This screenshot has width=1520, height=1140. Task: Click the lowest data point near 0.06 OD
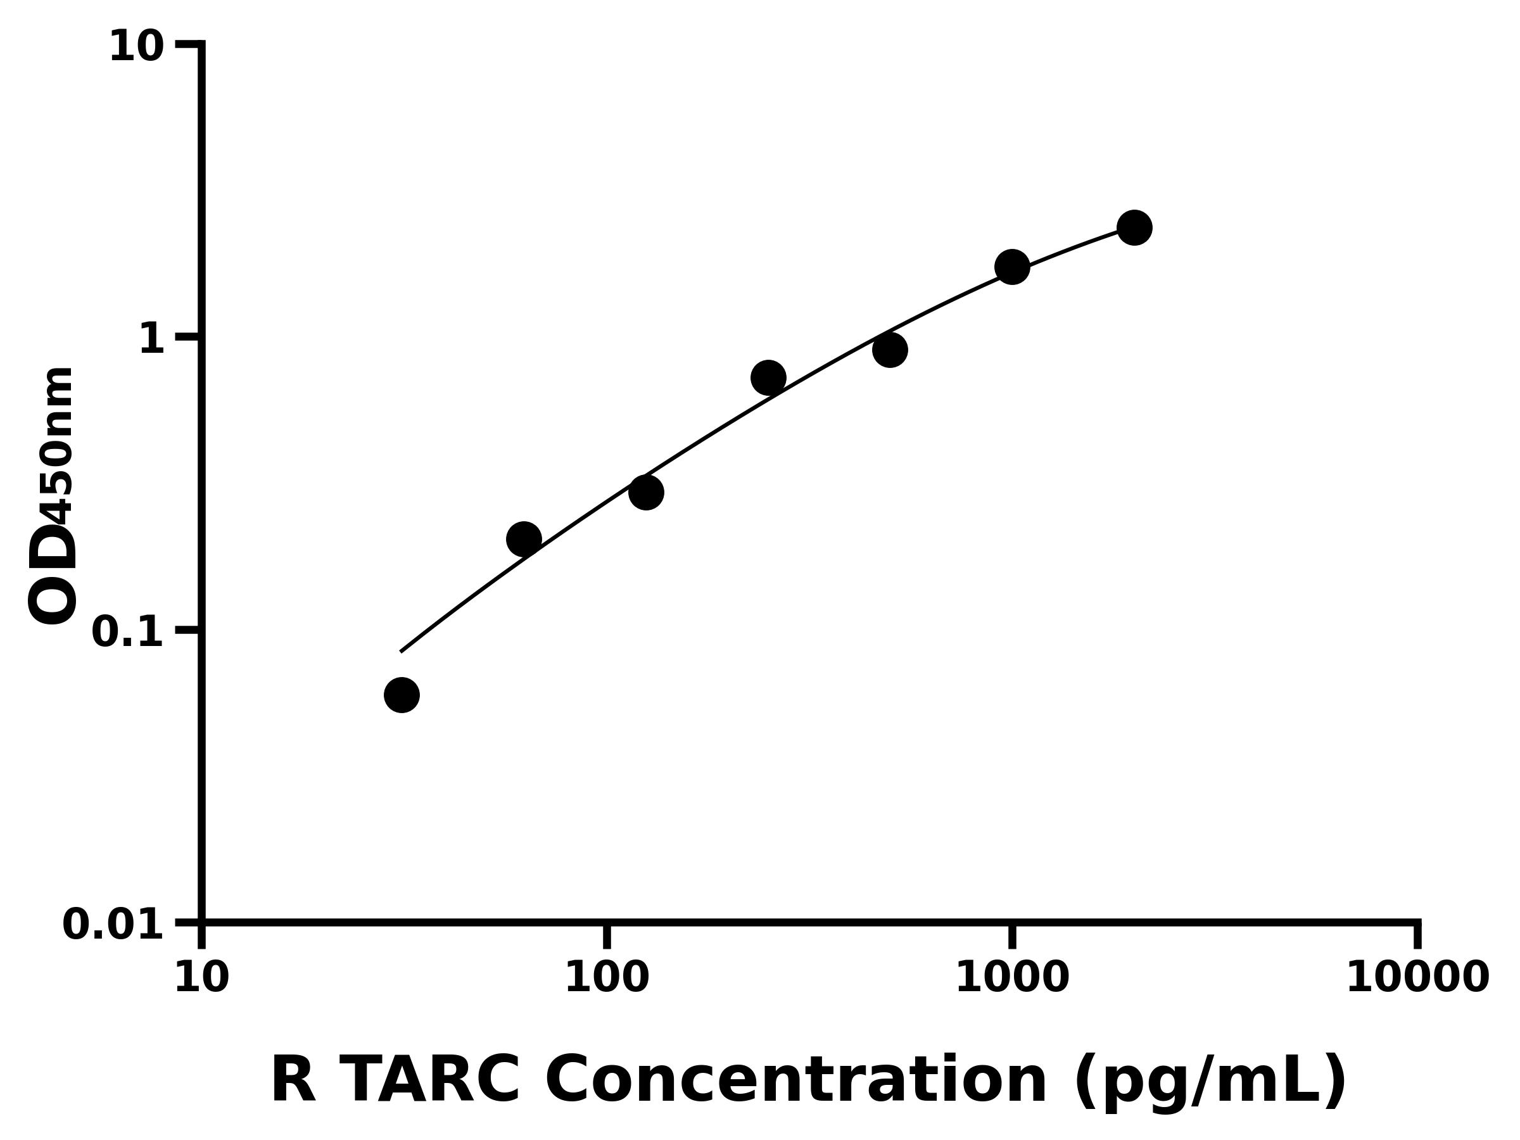(402, 695)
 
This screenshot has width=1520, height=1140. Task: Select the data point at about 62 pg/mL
(524, 539)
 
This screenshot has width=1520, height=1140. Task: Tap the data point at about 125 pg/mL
(646, 492)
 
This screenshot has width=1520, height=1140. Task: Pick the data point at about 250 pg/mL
(768, 377)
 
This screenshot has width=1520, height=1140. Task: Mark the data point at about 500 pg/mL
(890, 350)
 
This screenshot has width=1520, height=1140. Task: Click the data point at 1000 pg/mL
(1012, 267)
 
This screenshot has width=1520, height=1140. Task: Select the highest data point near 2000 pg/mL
(1134, 227)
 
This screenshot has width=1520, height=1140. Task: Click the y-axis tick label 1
(152, 339)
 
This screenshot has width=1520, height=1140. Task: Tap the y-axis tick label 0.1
(128, 632)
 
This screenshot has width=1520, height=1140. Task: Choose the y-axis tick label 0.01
(113, 925)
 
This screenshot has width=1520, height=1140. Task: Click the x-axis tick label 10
(201, 978)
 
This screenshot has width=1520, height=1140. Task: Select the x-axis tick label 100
(606, 978)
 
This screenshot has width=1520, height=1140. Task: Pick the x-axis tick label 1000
(1012, 978)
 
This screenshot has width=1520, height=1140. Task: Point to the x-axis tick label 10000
(1417, 978)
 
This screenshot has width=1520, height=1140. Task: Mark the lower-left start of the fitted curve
(402, 650)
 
